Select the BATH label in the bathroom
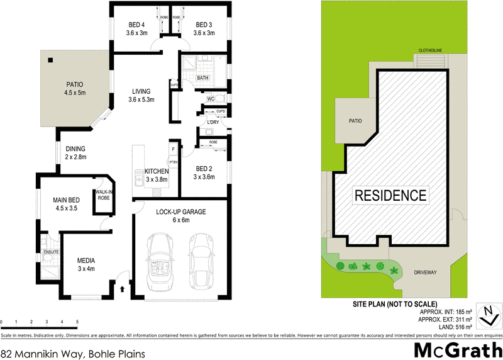coord(202,78)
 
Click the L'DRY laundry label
coord(204,122)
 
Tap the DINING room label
coord(75,149)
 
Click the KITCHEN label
coord(157,171)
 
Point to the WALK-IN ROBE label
coord(102,194)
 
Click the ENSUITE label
coord(51,252)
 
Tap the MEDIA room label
coord(86,260)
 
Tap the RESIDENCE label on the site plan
coord(390,195)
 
